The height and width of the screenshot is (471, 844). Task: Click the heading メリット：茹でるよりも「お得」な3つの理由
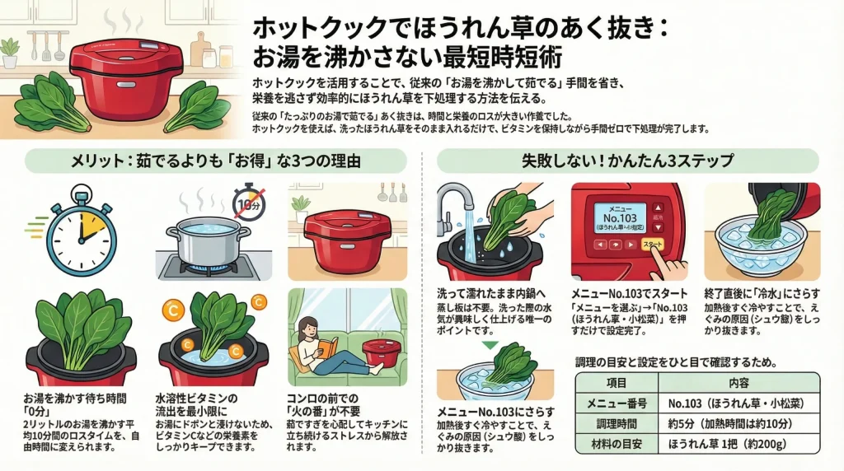point(215,160)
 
